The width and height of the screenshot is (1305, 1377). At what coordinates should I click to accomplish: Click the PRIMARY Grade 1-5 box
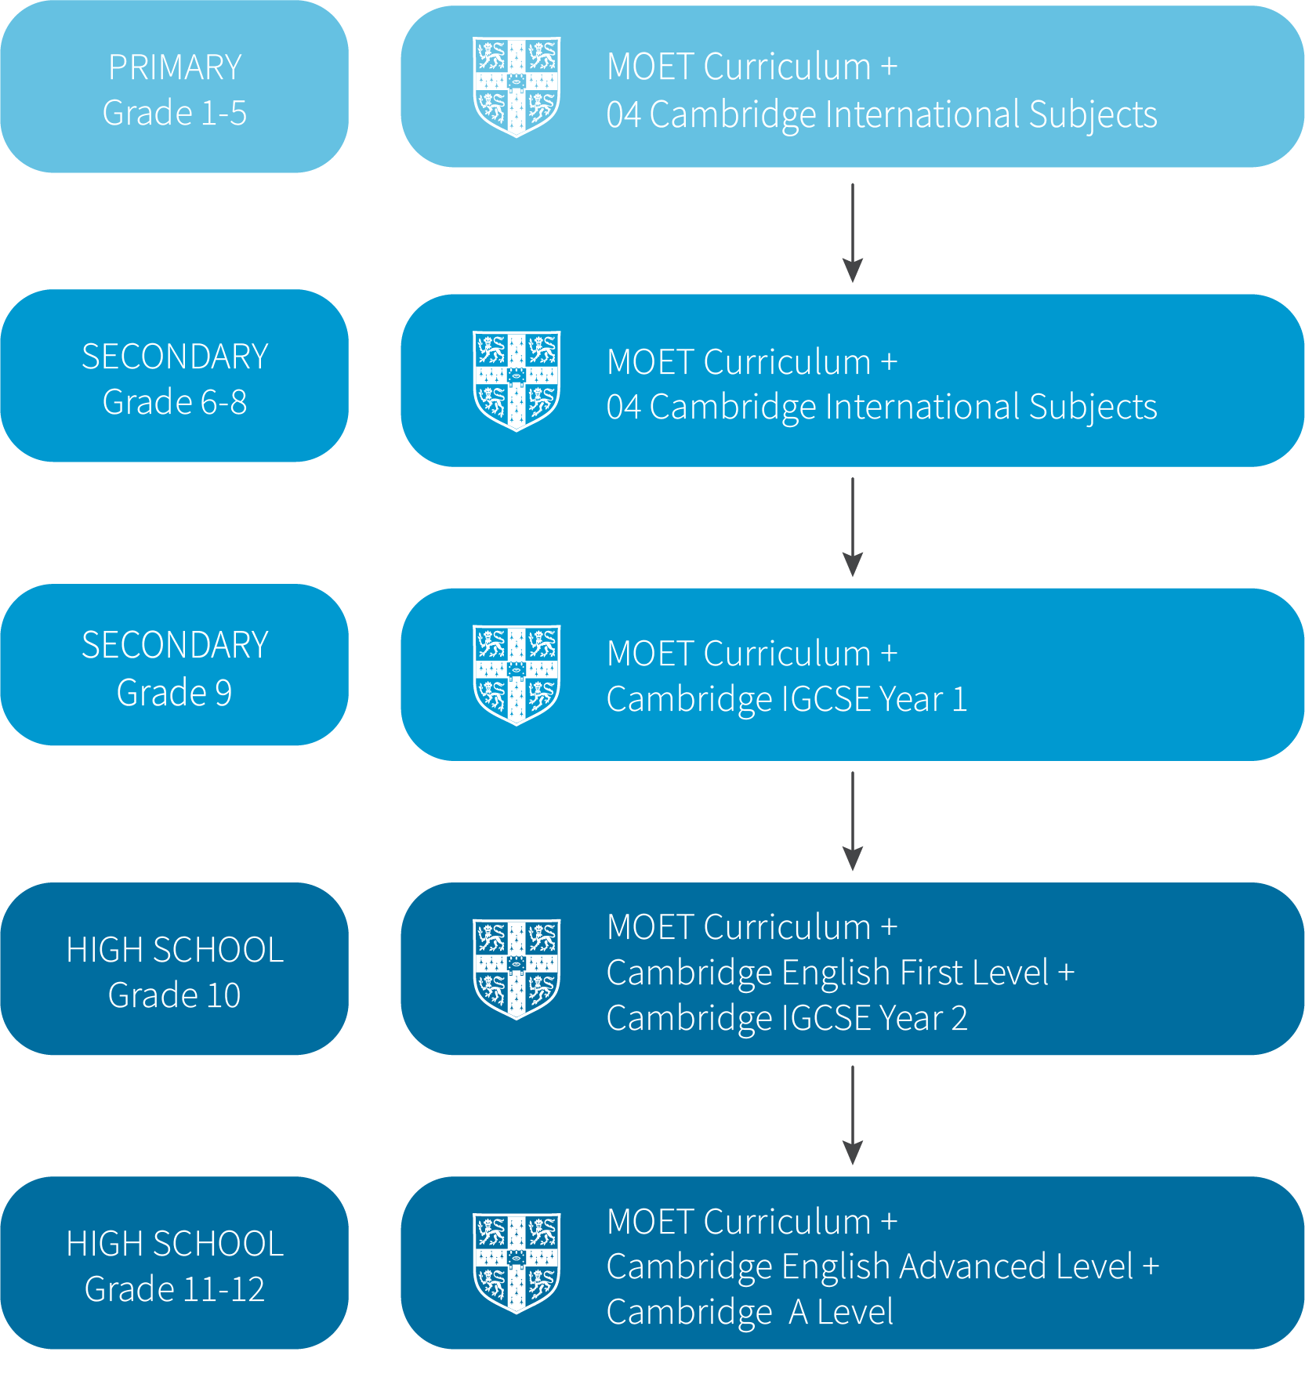click(174, 87)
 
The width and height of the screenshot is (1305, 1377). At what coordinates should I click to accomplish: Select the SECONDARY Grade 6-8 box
click(174, 376)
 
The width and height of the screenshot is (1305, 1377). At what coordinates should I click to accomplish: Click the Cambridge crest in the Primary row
click(517, 86)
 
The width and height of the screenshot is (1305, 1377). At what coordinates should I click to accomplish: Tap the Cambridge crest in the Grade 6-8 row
click(517, 380)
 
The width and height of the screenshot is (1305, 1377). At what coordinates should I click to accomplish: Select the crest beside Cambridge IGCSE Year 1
click(517, 674)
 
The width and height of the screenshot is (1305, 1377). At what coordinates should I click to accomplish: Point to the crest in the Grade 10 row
click(517, 969)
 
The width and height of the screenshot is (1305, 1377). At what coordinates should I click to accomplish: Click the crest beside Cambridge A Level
click(517, 1263)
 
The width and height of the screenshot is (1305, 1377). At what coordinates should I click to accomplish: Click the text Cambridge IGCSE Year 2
click(787, 1018)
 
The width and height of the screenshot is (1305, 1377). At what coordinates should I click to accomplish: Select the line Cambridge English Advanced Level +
click(883, 1266)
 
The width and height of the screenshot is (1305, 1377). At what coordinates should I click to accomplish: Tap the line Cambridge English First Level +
click(840, 973)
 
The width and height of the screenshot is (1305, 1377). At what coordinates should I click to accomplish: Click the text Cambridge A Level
click(750, 1312)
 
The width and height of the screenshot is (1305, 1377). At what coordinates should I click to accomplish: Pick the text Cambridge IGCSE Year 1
click(787, 699)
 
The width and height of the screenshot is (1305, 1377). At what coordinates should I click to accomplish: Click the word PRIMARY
click(175, 67)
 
